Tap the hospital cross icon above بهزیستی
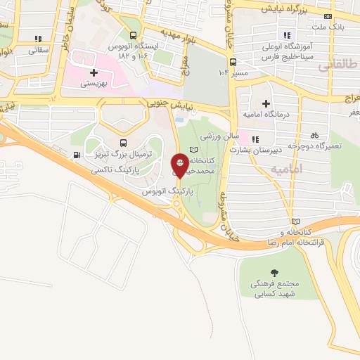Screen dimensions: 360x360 (x=93, y=72)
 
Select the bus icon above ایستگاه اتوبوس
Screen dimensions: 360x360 (x=134, y=36)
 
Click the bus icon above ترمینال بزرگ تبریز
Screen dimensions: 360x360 (x=124, y=143)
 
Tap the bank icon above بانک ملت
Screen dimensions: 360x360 (x=328, y=16)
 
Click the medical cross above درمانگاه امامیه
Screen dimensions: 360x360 (x=266, y=104)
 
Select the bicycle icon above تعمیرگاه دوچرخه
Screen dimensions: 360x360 (x=314, y=135)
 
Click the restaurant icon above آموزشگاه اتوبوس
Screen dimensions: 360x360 (x=286, y=35)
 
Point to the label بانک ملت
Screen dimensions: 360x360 (x=331, y=27)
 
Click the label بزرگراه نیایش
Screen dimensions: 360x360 (x=286, y=8)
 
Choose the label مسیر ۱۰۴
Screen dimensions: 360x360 (x=235, y=72)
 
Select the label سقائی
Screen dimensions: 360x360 (x=39, y=51)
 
